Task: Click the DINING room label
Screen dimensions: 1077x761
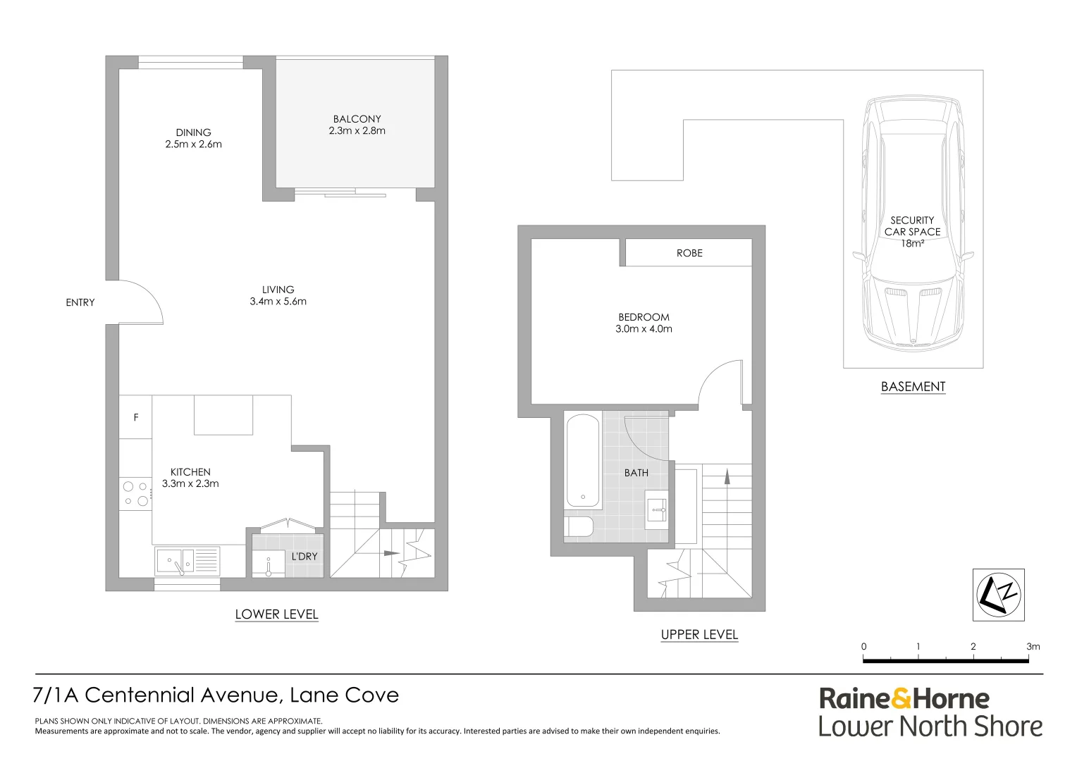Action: click(x=193, y=132)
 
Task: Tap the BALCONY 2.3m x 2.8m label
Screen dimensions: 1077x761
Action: click(x=357, y=125)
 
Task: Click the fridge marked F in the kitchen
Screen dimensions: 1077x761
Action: click(x=135, y=417)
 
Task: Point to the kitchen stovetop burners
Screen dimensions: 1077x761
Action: click(x=135, y=494)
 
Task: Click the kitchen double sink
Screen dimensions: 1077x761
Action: click(x=187, y=561)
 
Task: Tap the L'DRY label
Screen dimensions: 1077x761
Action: click(x=304, y=556)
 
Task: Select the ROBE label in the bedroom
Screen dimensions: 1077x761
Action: click(x=689, y=253)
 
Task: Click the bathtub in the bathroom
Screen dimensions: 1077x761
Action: click(x=583, y=461)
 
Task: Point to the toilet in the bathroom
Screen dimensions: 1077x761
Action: click(x=579, y=527)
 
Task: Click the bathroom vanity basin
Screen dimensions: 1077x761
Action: click(x=656, y=510)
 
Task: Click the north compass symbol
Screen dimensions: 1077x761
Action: click(x=999, y=595)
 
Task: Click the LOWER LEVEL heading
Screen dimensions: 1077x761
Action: click(x=276, y=614)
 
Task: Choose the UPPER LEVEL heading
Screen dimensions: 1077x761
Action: click(x=700, y=635)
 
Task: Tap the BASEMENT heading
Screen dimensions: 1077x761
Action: click(x=913, y=387)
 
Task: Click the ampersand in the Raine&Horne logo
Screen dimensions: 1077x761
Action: click(x=901, y=699)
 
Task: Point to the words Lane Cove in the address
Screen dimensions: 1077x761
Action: click(x=344, y=695)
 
